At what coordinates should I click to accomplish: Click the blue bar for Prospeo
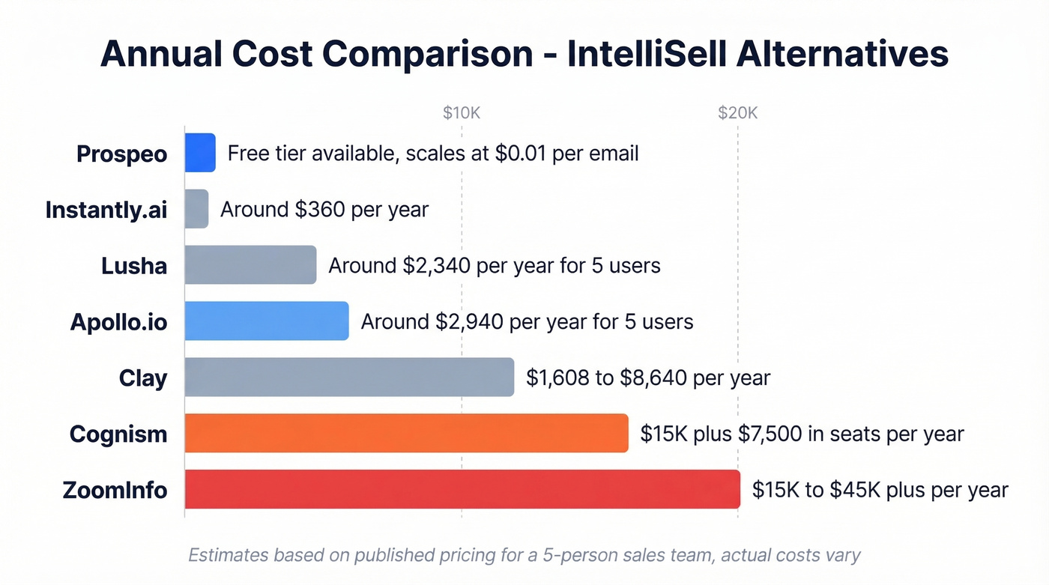click(200, 153)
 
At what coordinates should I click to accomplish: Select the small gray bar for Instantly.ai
click(196, 209)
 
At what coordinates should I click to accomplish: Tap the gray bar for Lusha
click(250, 265)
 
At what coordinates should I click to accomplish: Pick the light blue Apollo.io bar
click(267, 321)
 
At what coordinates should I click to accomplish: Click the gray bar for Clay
click(349, 378)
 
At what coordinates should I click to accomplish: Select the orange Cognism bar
click(406, 434)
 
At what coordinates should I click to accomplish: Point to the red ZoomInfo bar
click(462, 490)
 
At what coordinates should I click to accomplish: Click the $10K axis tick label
click(461, 113)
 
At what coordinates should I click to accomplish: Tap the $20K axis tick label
click(737, 113)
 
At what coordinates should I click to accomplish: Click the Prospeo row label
click(121, 154)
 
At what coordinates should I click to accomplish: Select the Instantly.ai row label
click(106, 210)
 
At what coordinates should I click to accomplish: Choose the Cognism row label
click(118, 434)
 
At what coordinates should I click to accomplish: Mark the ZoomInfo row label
click(115, 491)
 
